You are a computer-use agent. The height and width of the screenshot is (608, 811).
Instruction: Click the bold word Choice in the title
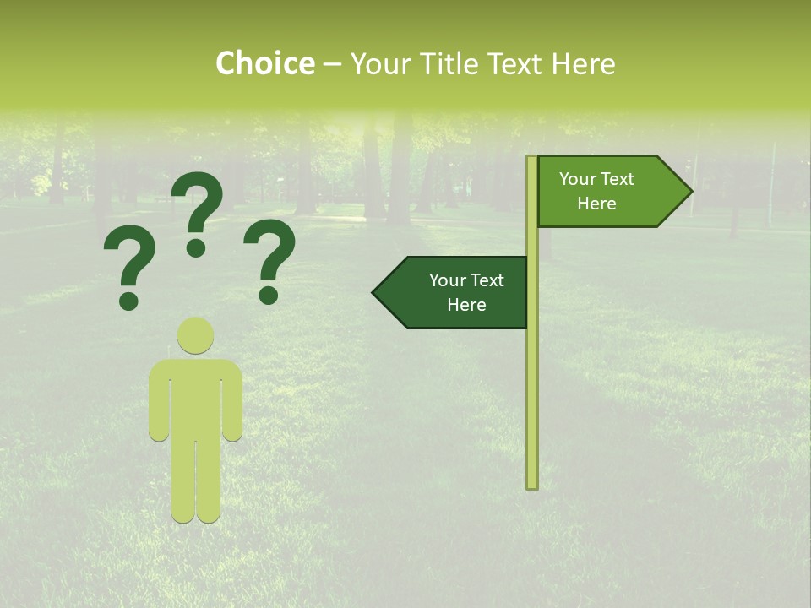[264, 64]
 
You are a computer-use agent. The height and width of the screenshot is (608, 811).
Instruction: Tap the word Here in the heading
[583, 64]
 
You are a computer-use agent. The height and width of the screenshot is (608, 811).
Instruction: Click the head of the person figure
[196, 335]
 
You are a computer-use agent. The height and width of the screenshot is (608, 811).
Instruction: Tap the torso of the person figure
[196, 397]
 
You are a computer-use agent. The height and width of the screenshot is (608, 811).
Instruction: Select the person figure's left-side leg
[183, 481]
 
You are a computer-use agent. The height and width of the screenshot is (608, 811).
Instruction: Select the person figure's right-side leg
[208, 481]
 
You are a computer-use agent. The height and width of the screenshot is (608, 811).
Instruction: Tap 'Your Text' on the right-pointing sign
[596, 179]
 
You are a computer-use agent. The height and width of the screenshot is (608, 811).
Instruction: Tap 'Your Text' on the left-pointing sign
[466, 280]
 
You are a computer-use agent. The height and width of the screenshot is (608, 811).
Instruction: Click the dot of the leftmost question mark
[129, 300]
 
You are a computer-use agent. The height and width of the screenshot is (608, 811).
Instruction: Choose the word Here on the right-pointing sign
[596, 204]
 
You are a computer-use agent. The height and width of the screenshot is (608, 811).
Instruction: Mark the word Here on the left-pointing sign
[466, 305]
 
